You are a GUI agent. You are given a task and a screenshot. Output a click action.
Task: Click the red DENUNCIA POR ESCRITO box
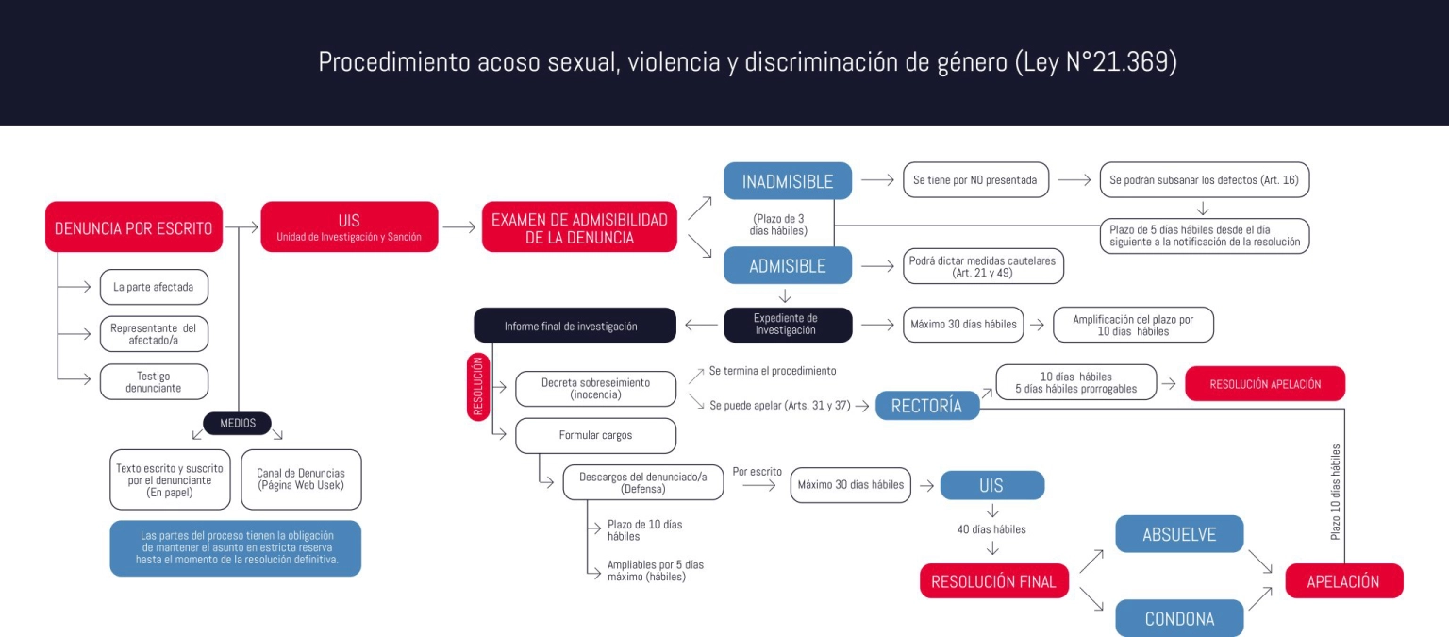pos(134,227)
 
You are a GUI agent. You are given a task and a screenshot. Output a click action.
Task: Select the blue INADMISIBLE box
pos(788,180)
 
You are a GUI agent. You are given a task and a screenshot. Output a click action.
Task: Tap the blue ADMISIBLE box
pos(788,265)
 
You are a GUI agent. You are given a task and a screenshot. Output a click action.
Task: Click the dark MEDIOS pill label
pos(238,423)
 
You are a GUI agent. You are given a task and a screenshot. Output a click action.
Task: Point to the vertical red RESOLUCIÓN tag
pos(478,387)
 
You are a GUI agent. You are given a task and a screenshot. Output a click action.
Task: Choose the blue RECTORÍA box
pos(927,405)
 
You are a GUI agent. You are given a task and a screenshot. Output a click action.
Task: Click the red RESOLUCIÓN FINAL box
pos(993,580)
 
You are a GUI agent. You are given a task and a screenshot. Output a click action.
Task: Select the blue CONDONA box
pos(1179,618)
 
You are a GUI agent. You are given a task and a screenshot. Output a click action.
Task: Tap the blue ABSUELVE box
pos(1179,534)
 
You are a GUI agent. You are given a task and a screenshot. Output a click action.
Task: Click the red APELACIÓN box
pos(1343,580)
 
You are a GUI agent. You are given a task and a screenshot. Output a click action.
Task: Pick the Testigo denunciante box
pos(154,382)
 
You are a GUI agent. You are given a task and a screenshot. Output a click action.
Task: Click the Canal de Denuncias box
pos(301,479)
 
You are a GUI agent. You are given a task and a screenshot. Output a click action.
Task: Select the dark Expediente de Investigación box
pos(788,325)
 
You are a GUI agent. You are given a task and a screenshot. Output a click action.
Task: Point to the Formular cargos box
pos(596,435)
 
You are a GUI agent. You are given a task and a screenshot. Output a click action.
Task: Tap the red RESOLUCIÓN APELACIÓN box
pos(1265,384)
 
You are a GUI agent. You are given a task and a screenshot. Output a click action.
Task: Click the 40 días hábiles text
pos(991,529)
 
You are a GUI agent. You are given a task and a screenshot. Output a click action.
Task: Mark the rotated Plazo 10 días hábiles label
pos(1335,492)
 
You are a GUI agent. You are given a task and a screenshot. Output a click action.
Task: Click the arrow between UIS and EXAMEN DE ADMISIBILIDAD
pos(459,227)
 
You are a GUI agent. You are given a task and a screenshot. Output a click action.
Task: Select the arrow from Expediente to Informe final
pos(701,325)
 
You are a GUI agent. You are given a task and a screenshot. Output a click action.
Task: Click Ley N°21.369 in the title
pos(1096,62)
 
